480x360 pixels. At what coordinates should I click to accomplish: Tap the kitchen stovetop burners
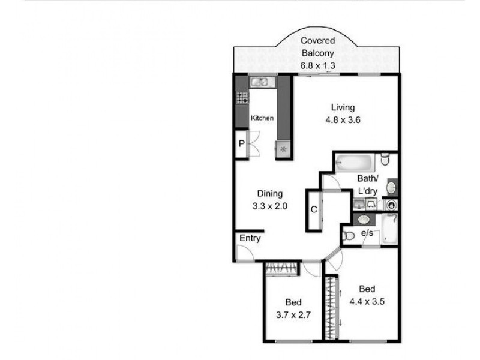coord(242,97)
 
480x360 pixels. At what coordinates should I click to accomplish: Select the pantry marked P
coord(241,144)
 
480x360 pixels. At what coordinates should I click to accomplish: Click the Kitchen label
coord(262,118)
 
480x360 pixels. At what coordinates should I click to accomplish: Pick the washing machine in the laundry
coord(391,205)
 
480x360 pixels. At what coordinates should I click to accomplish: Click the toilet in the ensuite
coord(349,236)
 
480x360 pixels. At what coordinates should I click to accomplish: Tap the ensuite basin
coord(364,220)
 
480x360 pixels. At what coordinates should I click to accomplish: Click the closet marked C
coord(314,209)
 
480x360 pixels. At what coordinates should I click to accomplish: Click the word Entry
coord(250,238)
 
